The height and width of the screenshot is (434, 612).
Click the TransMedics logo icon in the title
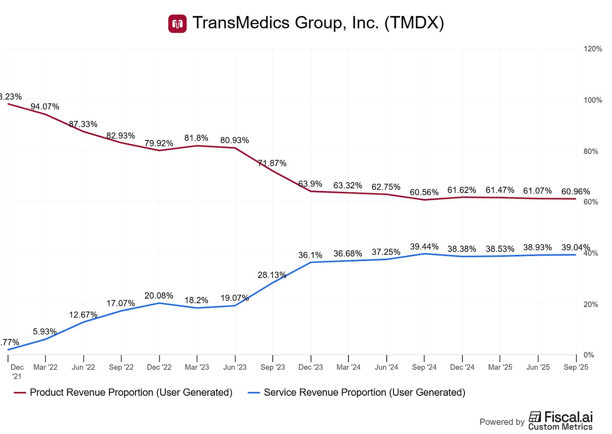coord(177,24)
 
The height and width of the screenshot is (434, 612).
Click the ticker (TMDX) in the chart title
coord(414,23)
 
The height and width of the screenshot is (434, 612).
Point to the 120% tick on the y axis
coord(593,49)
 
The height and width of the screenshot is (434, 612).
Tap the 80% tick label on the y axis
coord(591,151)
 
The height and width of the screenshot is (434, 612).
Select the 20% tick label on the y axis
coord(591,304)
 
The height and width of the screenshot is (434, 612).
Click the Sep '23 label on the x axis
coord(273,367)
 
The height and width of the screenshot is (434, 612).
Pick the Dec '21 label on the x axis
coord(17,371)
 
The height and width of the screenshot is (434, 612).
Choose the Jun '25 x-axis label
coord(538,367)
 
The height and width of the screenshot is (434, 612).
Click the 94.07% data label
coord(45,107)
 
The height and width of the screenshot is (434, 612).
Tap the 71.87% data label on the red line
coord(272,163)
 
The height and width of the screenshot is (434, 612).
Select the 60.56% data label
coord(424,193)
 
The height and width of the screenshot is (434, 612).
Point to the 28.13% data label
coord(272,275)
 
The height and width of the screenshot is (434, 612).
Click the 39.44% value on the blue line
coord(424,247)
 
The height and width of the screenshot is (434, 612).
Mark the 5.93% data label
coord(45,332)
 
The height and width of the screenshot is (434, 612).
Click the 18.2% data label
coord(196,300)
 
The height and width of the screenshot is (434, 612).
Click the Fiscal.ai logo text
coord(568,417)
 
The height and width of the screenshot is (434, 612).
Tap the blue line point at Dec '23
coord(311,262)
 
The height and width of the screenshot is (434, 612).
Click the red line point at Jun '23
coord(235,148)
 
